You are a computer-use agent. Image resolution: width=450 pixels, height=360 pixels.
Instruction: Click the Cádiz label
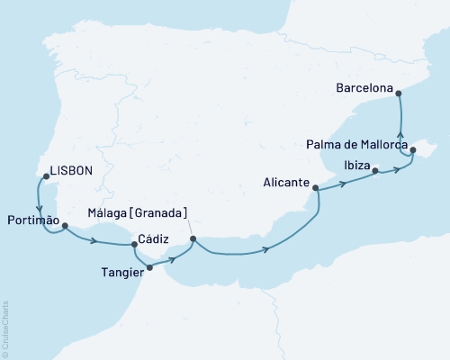coord(150,241)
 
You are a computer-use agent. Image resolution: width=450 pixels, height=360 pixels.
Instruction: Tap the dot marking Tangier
coord(149,267)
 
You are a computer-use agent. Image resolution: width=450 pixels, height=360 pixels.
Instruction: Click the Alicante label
coord(286,180)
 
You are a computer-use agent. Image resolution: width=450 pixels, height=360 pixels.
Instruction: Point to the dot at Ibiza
coord(375,169)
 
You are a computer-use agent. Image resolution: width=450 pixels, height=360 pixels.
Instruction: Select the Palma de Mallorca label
coord(356,144)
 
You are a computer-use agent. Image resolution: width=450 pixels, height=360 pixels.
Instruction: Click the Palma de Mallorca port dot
coord(413,151)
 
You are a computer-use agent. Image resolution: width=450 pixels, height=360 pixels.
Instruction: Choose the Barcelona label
coord(364,90)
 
